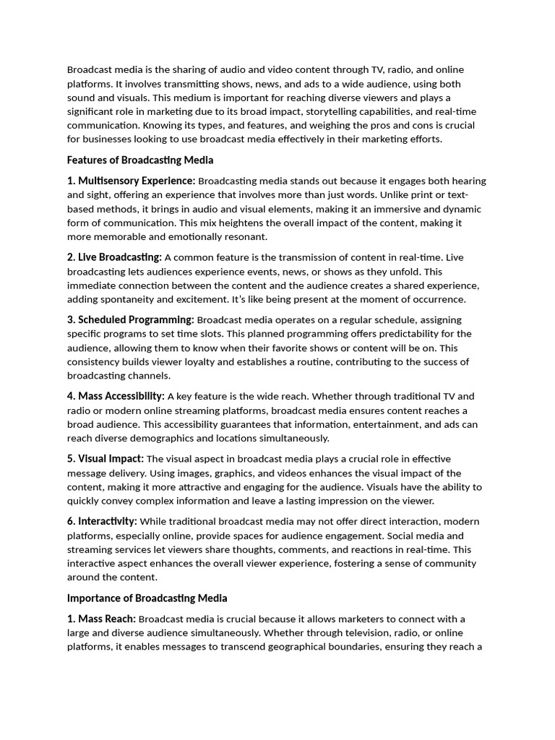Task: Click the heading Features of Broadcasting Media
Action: (x=140, y=160)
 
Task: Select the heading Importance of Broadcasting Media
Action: (x=147, y=598)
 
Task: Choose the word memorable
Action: (x=119, y=236)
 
